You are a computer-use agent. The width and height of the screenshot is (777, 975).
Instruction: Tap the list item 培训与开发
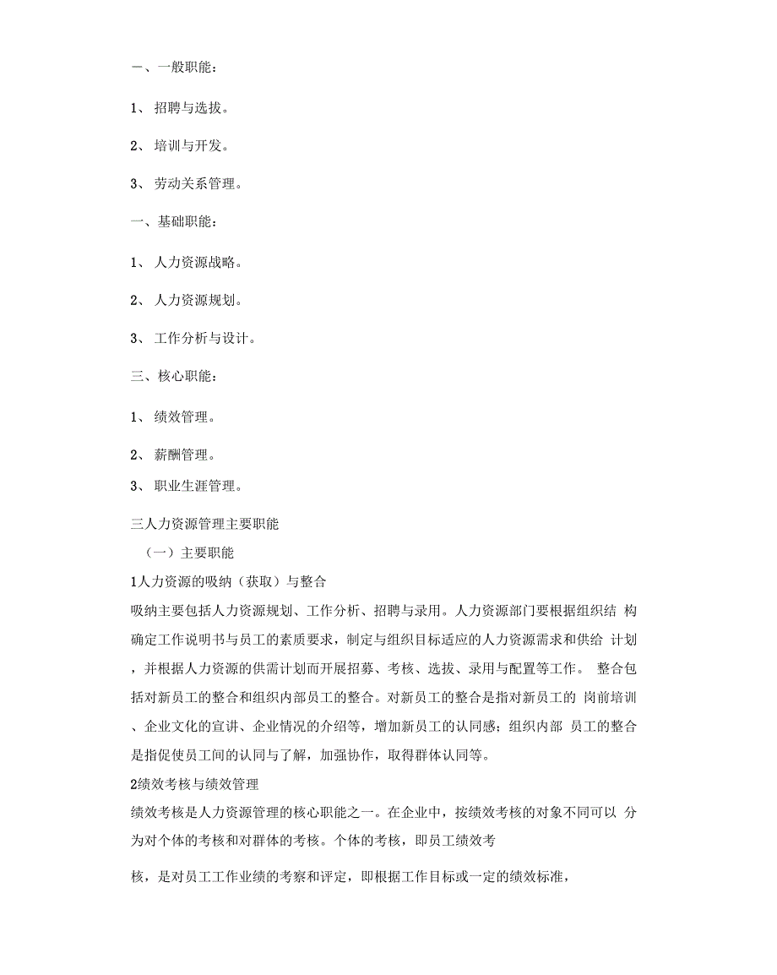[191, 145]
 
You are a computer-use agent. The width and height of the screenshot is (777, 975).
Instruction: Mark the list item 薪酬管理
[184, 455]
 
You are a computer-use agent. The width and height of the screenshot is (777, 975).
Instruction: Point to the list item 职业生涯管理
[198, 486]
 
